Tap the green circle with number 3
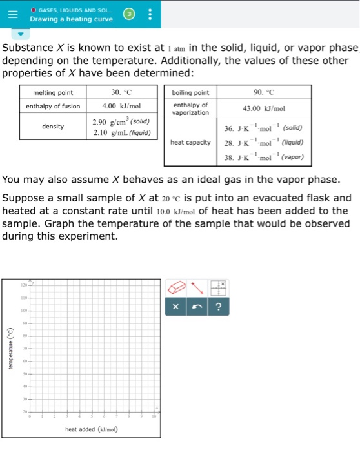point(128,14)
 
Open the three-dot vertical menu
point(150,14)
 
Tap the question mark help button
point(217,307)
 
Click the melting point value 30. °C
point(121,92)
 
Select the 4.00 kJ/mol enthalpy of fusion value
point(121,105)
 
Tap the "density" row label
point(53,127)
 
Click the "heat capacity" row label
point(190,142)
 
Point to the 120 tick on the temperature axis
point(23,284)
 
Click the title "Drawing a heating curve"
point(71,19)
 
